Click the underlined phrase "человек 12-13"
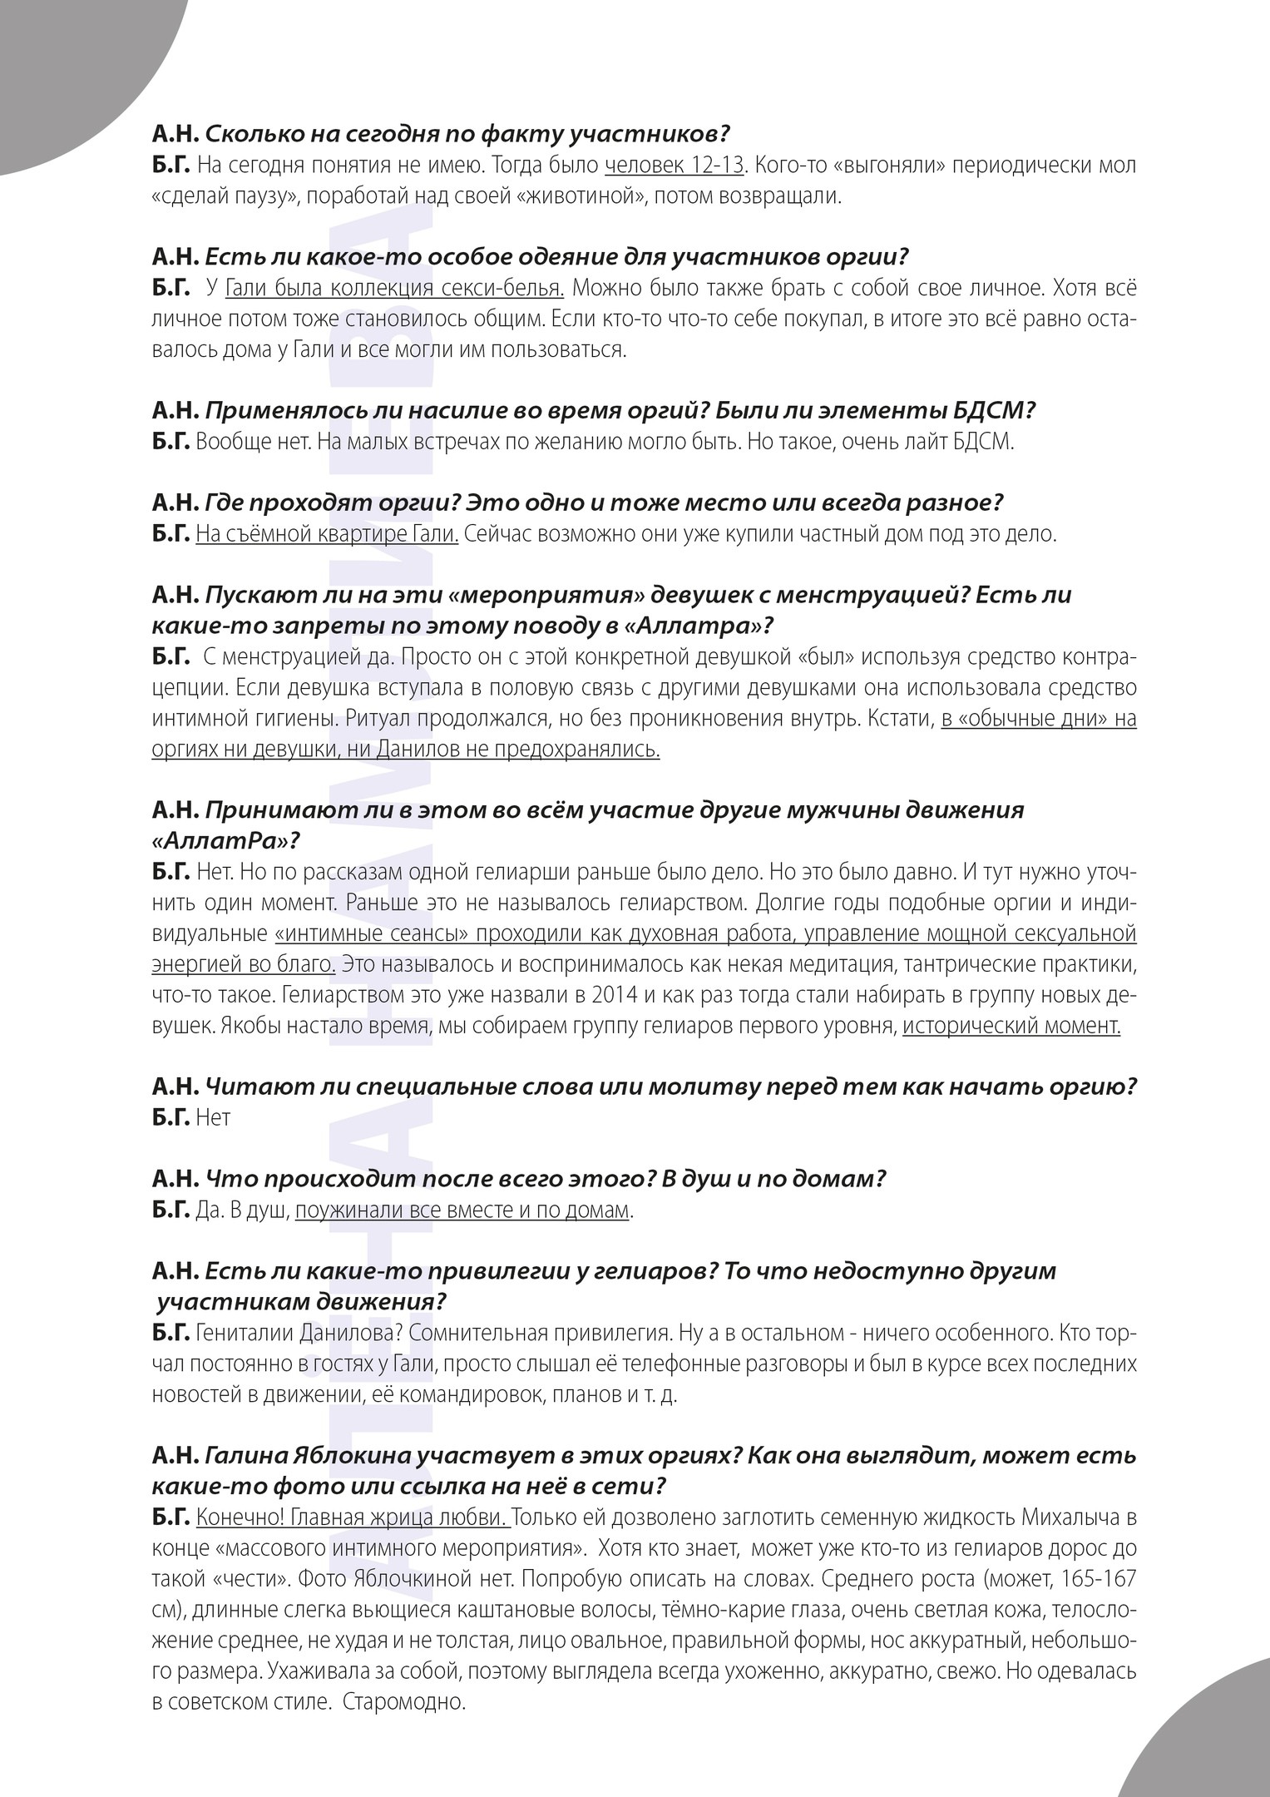(674, 165)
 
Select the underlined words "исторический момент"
(1011, 1025)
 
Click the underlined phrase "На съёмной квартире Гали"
(327, 533)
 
